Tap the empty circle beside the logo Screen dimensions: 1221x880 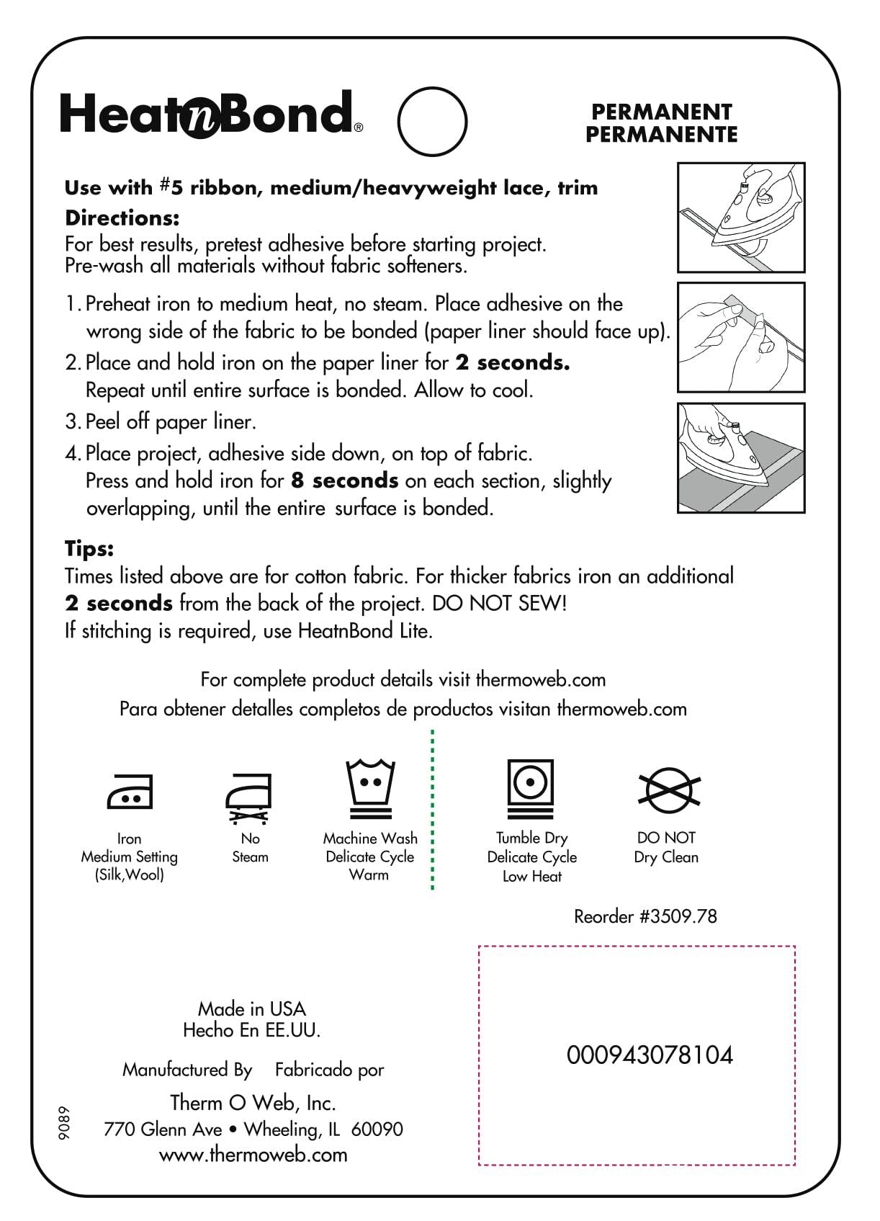pos(432,121)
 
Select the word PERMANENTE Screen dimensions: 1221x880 pos(661,135)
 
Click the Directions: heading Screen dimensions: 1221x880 pos(122,218)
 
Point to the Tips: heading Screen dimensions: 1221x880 pos(89,549)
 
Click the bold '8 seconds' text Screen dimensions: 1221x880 pos(345,480)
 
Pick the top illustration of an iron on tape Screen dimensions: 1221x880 pos(741,218)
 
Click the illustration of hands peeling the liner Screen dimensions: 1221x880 pos(741,337)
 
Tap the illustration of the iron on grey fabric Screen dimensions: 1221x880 pos(741,458)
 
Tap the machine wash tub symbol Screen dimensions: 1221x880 pos(370,789)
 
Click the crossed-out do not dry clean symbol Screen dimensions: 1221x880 pos(669,789)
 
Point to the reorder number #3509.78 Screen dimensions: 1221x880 pos(645,916)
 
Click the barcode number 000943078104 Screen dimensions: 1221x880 pos(650,1055)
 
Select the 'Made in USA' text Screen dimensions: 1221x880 pos(252,1008)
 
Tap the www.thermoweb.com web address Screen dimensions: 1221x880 pos(253,1155)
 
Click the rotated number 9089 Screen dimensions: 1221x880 pos(65,1122)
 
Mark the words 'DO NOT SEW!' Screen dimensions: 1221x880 pos(500,604)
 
